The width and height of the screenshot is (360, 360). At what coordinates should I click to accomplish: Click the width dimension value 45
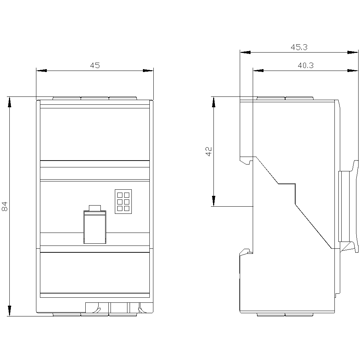pos(95,66)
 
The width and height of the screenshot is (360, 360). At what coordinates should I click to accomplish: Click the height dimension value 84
pos(5,206)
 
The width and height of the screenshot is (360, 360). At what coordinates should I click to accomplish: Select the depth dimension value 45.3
pos(299,47)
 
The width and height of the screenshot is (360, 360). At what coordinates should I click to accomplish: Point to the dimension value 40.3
pos(306,66)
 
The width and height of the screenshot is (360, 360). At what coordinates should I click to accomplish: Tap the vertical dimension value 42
pos(209,152)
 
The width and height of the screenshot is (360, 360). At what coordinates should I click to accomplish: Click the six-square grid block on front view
pos(123,202)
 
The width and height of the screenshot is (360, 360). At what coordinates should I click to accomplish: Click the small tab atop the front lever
pos(95,208)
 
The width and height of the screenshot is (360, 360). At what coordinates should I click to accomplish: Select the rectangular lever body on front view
pos(95,227)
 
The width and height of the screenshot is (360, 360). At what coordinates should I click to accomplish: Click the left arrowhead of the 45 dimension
pos(41,71)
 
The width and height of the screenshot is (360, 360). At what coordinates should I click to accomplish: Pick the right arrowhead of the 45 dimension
pos(148,71)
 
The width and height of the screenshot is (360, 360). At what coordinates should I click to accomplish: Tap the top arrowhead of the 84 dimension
pos(9,102)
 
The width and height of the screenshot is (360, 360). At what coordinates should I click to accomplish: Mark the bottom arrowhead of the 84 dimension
pos(9,311)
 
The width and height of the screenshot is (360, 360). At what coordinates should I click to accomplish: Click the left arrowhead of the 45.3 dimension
pos(245,52)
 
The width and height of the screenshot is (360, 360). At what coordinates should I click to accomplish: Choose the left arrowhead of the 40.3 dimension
pos(258,71)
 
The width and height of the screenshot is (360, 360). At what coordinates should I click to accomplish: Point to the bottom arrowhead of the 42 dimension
pos(213,201)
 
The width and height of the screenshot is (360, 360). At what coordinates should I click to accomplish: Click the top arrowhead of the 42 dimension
pos(213,102)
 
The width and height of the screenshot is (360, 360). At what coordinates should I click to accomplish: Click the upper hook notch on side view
pos(246,161)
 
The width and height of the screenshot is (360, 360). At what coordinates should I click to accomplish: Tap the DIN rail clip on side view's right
pos(348,207)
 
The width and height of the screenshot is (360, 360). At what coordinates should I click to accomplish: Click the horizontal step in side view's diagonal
pos(287,184)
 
